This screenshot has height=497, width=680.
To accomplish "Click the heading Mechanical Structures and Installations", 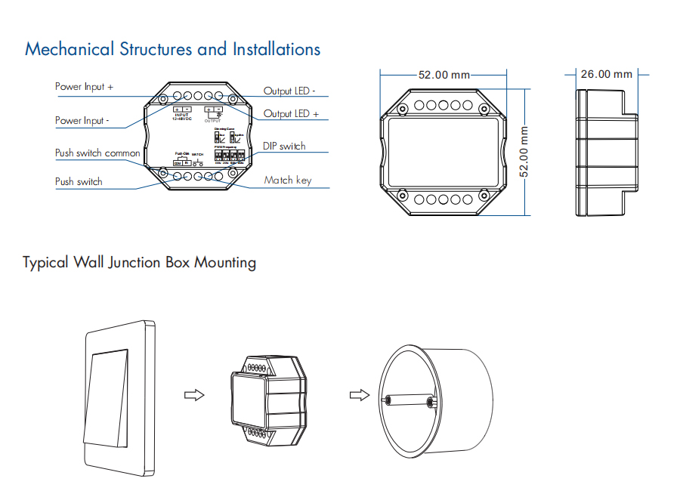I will (172, 50).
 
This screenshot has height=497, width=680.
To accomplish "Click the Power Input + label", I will (84, 87).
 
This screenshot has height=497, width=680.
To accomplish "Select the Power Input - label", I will (82, 121).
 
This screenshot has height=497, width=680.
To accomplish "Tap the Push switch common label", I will (97, 153).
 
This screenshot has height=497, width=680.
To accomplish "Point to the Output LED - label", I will (289, 91).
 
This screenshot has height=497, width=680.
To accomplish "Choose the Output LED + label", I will (291, 114).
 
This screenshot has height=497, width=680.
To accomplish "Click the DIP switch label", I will (284, 146).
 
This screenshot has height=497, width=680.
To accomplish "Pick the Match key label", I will (287, 181).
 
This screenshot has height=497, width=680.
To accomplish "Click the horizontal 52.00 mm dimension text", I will (444, 76).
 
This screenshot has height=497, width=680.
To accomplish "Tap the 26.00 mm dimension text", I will (606, 74).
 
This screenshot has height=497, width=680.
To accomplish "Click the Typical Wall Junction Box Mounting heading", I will (139, 263).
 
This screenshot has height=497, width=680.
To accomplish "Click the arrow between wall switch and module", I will (195, 395).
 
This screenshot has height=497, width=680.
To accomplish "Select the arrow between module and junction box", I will (358, 395).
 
